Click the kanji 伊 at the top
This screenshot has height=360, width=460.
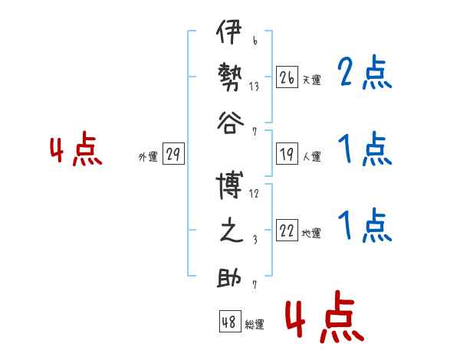(x=229, y=31)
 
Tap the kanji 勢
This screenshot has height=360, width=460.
(x=230, y=77)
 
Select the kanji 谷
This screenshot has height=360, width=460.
(x=231, y=123)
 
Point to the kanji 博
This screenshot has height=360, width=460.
(x=229, y=185)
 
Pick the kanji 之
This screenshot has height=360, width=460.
(x=232, y=231)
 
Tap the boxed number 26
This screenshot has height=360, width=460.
(x=287, y=77)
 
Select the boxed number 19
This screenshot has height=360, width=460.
(x=287, y=154)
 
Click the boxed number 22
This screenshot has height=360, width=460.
(x=287, y=230)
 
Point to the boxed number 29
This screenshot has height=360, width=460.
(x=173, y=153)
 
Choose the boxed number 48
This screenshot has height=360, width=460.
(x=230, y=321)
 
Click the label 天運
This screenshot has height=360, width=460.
(x=312, y=80)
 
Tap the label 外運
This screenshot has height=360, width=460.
(x=148, y=156)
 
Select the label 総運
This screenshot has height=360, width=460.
(x=255, y=324)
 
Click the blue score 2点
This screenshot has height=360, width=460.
(x=365, y=72)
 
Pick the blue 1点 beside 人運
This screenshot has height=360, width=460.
(x=365, y=149)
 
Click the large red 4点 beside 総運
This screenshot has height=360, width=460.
(x=325, y=316)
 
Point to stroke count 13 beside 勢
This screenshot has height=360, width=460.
(x=254, y=87)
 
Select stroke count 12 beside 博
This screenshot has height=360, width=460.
(x=254, y=194)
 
